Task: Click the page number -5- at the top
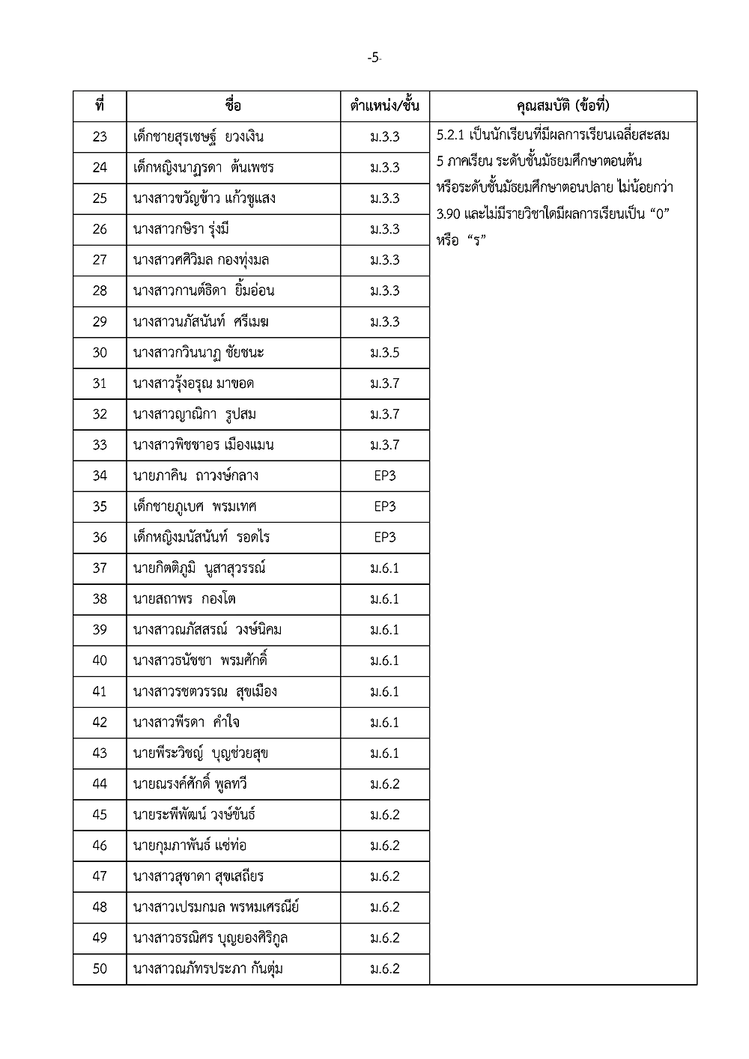pos(374,58)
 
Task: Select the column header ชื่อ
pos(233,106)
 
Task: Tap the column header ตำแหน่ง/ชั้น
pos(385,106)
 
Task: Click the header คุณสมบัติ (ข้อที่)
pos(563,106)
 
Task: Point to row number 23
pos(100,137)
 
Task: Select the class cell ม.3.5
pos(385,353)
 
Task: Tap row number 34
pos(100,476)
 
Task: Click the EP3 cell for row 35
pos(385,506)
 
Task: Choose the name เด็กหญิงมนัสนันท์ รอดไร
pos(201,538)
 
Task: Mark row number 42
pos(100,723)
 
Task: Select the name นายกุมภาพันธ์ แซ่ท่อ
pos(189,846)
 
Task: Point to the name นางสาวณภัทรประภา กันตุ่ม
pos(207,969)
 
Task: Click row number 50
pos(100,969)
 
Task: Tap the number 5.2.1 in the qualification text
pos(451,136)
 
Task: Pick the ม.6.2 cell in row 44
pos(385,784)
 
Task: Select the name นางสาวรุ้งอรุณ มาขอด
pos(193,383)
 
